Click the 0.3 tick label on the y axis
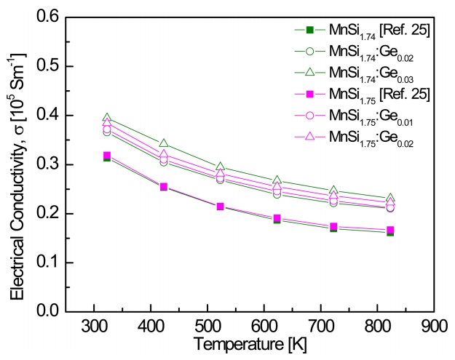tap(48, 164)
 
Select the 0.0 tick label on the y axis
tap(48, 311)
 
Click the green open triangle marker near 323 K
tap(107, 118)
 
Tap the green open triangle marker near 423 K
tap(164, 143)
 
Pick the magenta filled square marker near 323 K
tap(107, 156)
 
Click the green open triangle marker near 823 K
tap(391, 198)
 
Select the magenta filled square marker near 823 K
tap(391, 230)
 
